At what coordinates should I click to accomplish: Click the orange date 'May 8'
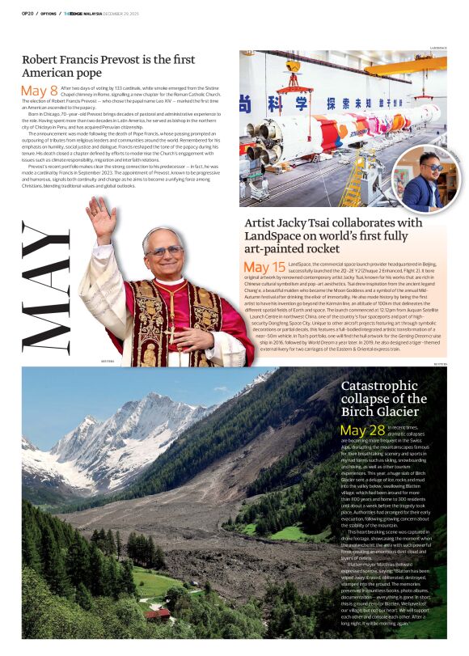[40, 91]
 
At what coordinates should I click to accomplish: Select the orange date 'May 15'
[264, 267]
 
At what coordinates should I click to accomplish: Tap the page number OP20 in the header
[27, 14]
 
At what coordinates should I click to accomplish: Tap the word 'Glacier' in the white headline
[398, 412]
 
